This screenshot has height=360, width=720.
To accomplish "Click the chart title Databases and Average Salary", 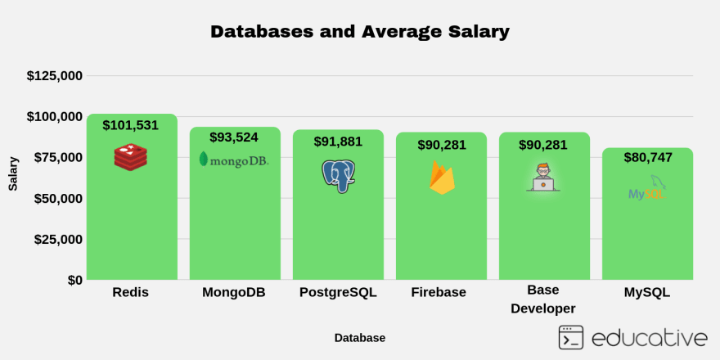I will pos(360,32).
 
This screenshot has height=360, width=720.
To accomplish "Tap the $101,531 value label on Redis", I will pos(130,125).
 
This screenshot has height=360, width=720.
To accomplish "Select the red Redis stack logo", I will pos(130,156).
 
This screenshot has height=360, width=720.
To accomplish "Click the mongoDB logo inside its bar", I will pos(234,160).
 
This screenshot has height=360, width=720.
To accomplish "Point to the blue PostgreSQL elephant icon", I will pos(338,175).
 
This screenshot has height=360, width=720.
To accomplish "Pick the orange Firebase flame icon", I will pos(442,178).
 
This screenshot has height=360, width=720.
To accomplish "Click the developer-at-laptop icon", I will pos(543,178).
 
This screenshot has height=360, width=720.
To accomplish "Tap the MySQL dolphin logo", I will pos(647,188).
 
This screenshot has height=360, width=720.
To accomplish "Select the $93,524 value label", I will pos(234,137).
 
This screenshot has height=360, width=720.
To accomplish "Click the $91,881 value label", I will pos(338,142).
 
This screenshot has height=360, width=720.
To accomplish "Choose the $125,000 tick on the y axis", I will pos(55,76).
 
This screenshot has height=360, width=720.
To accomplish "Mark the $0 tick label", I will pos(74,280).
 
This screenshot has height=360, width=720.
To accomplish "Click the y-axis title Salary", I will pos(13,173).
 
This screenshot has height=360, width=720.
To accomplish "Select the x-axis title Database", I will pos(359,338).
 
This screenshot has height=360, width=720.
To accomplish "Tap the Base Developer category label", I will pos(543,299).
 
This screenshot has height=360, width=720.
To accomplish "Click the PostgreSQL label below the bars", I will pos(338,292).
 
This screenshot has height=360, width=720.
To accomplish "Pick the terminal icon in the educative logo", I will pos(570,337).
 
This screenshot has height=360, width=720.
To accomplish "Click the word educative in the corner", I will pos(649,338).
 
